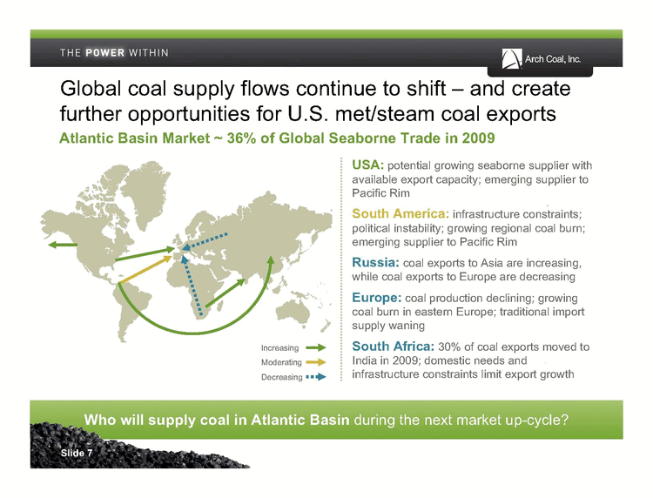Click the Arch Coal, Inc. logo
click(541, 59)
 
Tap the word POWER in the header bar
click(104, 53)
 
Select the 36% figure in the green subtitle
click(241, 138)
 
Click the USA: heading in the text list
click(367, 165)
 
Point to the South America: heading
click(401, 213)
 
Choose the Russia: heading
click(375, 262)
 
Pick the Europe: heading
click(377, 297)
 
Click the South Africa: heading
click(394, 346)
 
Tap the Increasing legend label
click(279, 348)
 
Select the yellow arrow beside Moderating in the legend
click(316, 362)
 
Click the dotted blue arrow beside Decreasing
click(316, 377)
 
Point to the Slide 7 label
click(77, 453)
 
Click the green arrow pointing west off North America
click(63, 245)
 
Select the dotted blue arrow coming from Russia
click(205, 241)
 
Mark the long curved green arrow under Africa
click(196, 333)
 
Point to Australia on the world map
click(293, 311)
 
